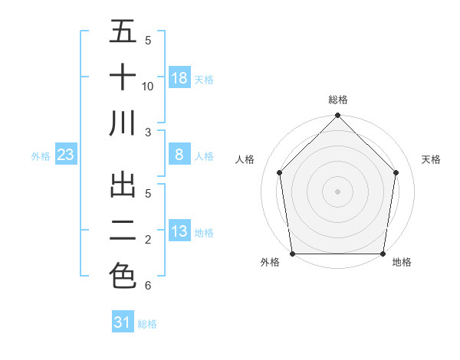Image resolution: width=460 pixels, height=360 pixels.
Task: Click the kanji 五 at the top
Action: coord(123,32)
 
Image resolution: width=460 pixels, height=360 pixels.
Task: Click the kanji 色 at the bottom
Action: coord(123,275)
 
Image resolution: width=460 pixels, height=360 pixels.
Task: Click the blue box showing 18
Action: coord(179,77)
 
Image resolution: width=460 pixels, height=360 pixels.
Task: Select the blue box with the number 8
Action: coord(179,155)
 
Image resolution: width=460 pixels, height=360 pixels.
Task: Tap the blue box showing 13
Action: coord(179,231)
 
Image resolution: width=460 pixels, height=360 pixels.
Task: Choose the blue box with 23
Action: coord(66,155)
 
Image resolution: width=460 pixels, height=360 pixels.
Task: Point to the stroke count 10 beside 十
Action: coord(148,86)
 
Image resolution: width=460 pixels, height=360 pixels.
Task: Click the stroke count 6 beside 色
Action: coord(147,286)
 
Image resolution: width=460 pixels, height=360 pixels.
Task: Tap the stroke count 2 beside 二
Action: coord(147,240)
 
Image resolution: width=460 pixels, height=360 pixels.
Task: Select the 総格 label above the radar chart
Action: coord(338,100)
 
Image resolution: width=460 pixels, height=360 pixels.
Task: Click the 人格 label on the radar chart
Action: coord(245,159)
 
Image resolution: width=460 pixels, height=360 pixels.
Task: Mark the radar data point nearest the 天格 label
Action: coord(396,172)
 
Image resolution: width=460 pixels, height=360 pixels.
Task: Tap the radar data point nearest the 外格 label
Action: coord(292,254)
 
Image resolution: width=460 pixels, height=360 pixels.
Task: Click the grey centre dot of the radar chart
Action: coord(337,191)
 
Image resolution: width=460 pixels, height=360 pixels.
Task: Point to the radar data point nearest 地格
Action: coord(383,254)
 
